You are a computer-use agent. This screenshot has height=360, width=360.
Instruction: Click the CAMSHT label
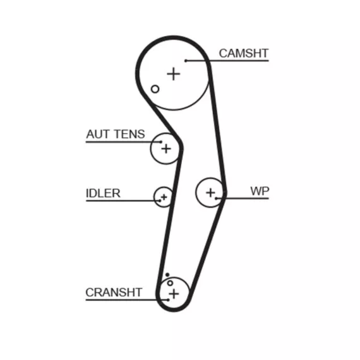[x=244, y=53]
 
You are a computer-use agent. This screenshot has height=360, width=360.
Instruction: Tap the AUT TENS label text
[x=116, y=134]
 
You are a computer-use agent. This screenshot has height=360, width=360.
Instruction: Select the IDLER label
[x=103, y=193]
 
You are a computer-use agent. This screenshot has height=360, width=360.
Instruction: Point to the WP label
[x=260, y=191]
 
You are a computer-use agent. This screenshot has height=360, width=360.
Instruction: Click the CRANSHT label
[x=114, y=292]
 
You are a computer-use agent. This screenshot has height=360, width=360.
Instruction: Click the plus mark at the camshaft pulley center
[x=174, y=74]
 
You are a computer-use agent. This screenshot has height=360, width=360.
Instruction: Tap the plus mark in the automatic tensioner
[x=166, y=149]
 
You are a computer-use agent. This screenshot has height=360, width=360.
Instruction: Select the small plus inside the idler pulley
[x=164, y=197]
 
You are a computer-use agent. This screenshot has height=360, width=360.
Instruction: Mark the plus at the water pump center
[x=210, y=193]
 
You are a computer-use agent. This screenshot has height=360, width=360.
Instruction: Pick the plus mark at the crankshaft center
[x=174, y=294]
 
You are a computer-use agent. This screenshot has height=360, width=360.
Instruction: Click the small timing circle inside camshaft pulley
[x=155, y=89]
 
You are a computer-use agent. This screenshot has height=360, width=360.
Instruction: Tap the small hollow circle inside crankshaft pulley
[x=170, y=283]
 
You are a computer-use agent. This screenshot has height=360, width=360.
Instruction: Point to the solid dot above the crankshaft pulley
[x=167, y=275]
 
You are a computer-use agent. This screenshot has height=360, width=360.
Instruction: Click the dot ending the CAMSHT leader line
[x=186, y=61]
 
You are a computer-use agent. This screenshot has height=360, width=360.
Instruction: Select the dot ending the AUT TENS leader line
[x=160, y=142]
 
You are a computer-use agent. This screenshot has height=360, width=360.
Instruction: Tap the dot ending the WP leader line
[x=216, y=198]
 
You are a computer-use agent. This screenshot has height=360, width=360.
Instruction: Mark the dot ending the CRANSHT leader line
[x=168, y=300]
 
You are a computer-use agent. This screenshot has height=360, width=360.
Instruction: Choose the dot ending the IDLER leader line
[x=160, y=201]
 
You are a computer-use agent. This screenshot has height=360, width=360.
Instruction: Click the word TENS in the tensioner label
[x=129, y=134]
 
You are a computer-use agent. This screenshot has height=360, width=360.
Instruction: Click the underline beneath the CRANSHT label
[x=127, y=300]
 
